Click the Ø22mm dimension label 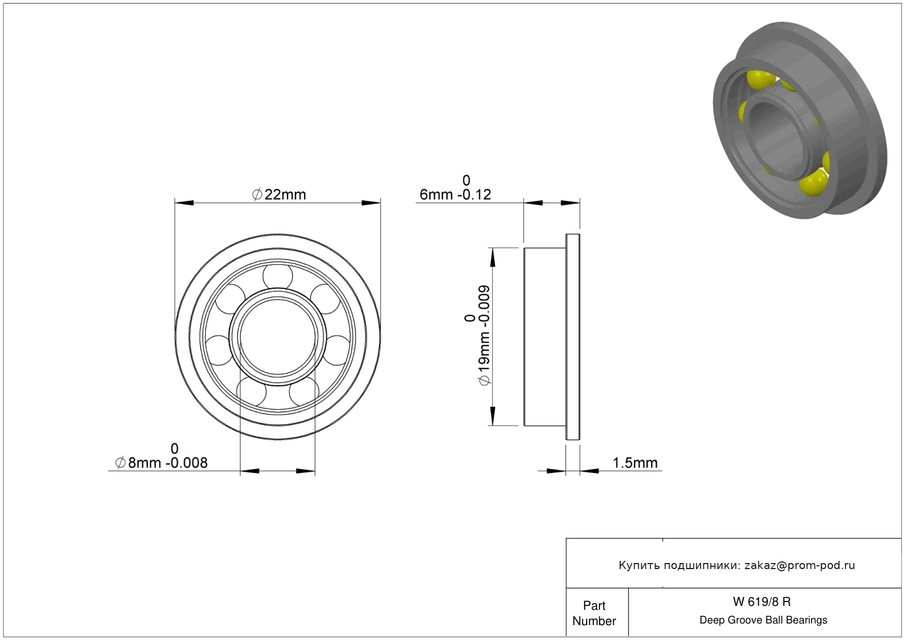[279, 194]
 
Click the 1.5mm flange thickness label [635, 462]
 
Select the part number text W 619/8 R [762, 602]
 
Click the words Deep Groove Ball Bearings [763, 620]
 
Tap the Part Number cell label [594, 613]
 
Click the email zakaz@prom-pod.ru [799, 565]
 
